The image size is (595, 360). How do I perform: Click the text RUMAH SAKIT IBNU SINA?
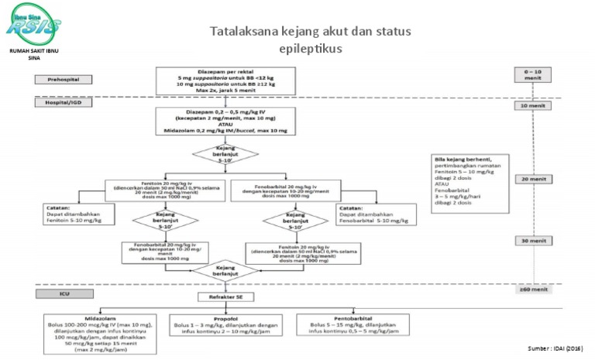tap(33, 54)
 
